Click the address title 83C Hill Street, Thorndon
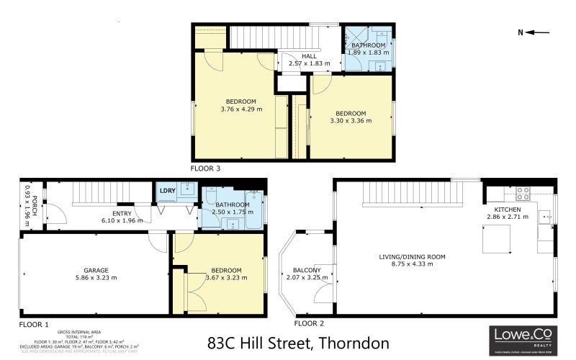[298, 343]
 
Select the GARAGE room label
[96, 269]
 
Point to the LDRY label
[167, 191]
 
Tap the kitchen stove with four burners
[523, 194]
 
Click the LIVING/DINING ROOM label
[413, 256]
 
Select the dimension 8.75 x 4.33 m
[413, 264]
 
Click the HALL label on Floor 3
[309, 56]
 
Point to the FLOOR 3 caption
[205, 168]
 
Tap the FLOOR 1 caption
[34, 325]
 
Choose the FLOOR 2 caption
[309, 324]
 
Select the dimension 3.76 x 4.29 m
[240, 109]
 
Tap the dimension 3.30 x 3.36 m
[351, 121]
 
